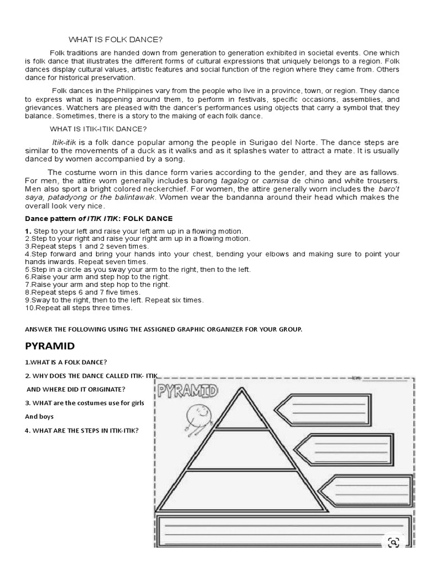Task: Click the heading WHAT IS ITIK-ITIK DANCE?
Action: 98,129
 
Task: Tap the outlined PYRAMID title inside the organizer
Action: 188,392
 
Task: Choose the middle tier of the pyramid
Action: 239,450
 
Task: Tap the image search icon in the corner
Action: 395,543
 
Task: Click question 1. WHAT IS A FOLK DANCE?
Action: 66,362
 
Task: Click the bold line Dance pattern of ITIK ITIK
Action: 99,219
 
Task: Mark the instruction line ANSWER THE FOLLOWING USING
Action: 164,329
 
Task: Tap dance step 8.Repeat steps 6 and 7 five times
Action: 83,292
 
